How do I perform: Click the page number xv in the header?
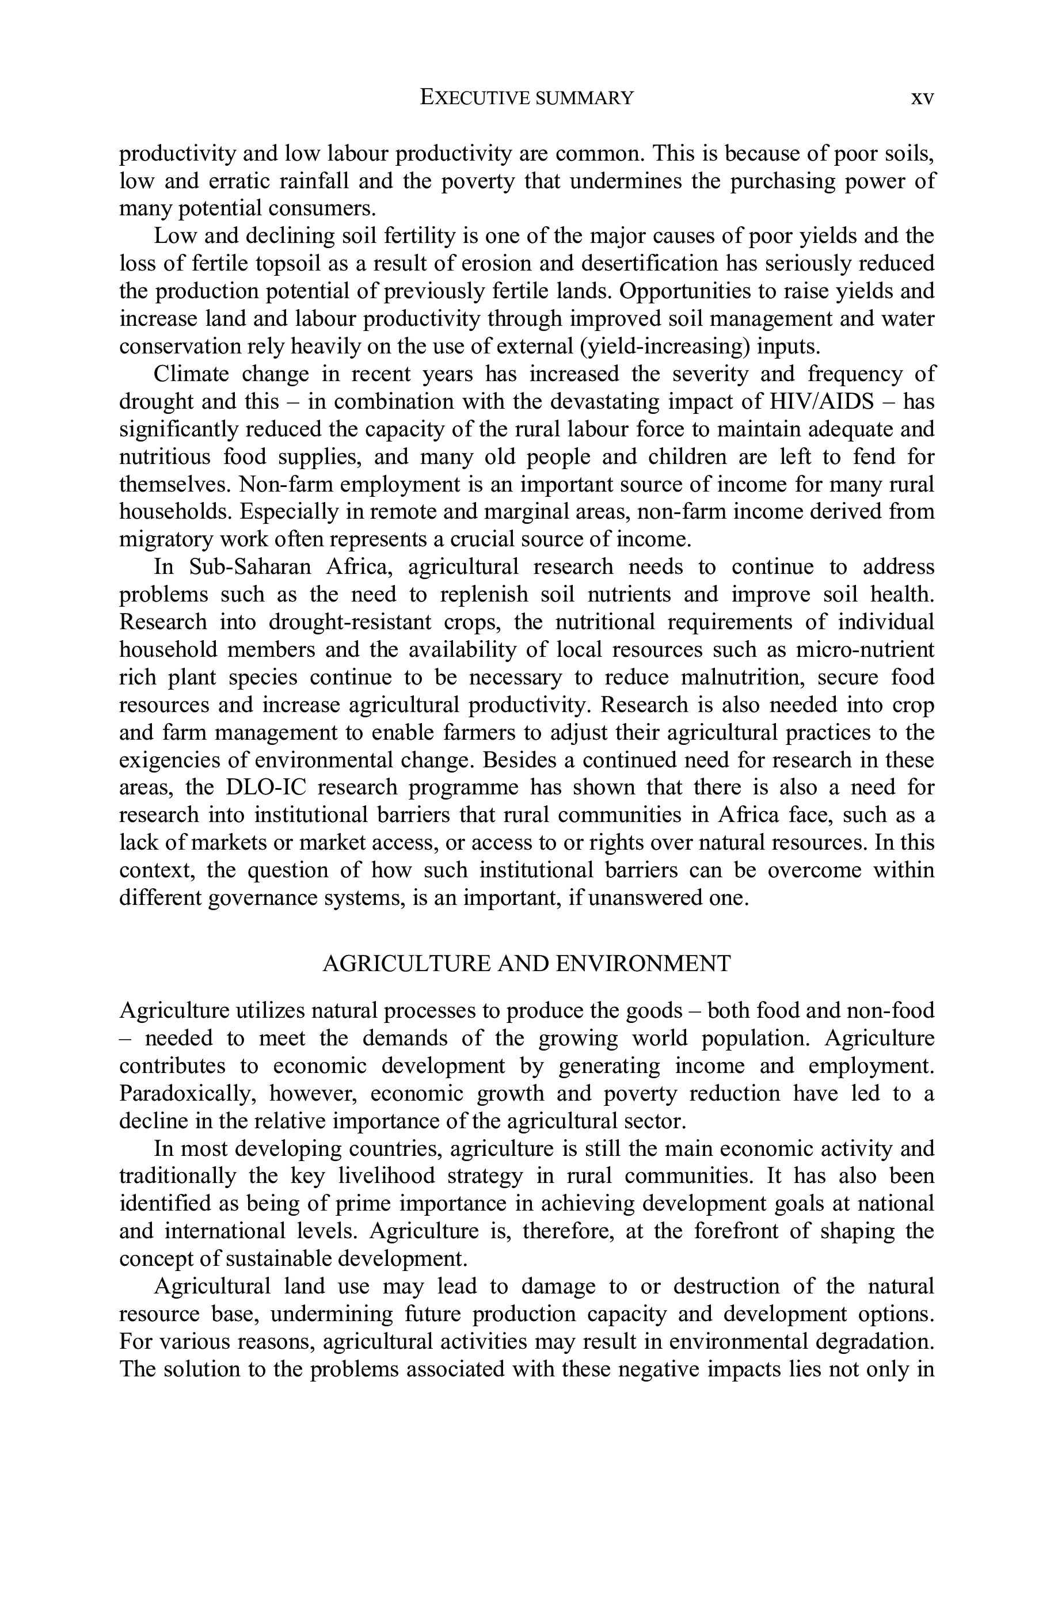pyautogui.click(x=922, y=98)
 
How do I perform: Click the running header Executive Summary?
pyautogui.click(x=526, y=98)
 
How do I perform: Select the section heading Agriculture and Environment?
pyautogui.click(x=526, y=964)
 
